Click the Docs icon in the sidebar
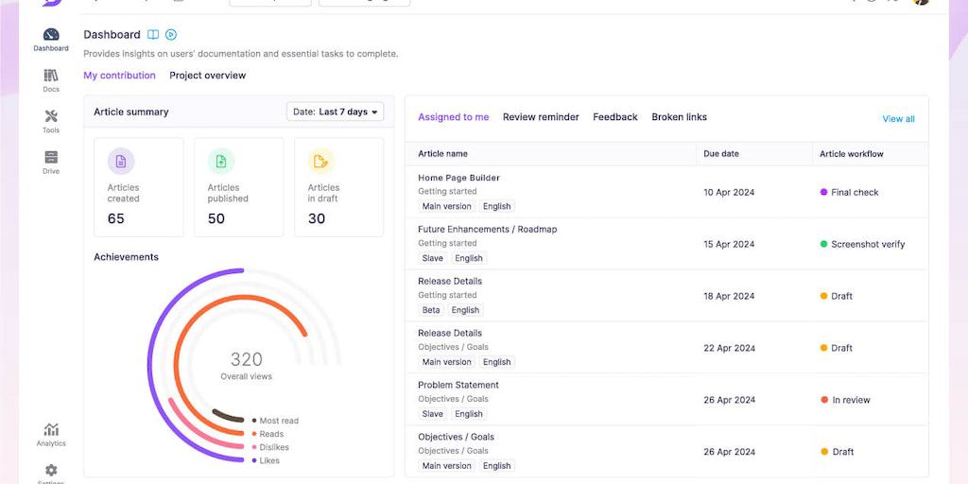click(51, 77)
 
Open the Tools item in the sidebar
click(51, 117)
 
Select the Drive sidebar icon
click(51, 158)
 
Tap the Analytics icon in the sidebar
click(51, 430)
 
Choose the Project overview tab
click(207, 76)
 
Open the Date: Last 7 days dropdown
click(336, 112)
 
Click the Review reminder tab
click(541, 117)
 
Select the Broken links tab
click(679, 117)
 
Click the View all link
click(898, 119)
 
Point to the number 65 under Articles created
click(116, 218)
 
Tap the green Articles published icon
click(221, 162)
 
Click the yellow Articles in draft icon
click(321, 162)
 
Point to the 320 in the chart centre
click(247, 359)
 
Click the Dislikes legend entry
click(273, 447)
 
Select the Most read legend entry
click(278, 421)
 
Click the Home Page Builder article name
click(458, 178)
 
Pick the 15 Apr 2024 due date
click(729, 244)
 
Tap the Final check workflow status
click(854, 192)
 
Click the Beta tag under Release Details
click(431, 310)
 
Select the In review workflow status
click(850, 400)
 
